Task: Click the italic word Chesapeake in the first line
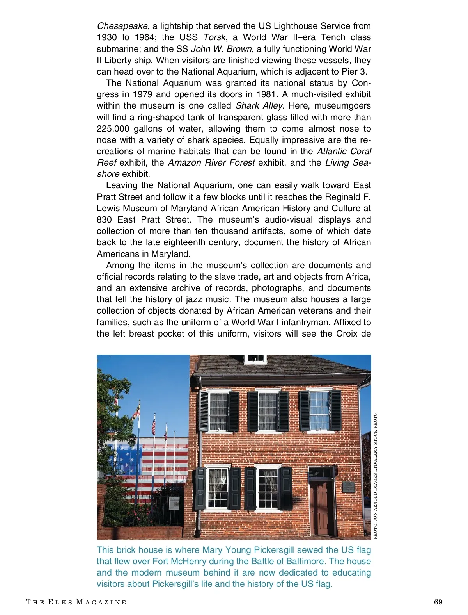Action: click(122, 26)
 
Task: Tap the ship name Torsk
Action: click(214, 37)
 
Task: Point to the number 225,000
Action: click(113, 129)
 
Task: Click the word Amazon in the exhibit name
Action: click(182, 163)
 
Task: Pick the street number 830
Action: click(105, 220)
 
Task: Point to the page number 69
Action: click(438, 602)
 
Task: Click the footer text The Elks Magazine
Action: click(76, 602)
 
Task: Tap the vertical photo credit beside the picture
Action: click(375, 476)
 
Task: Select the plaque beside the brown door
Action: click(348, 487)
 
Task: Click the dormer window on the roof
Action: click(255, 358)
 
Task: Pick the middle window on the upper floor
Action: click(268, 412)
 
